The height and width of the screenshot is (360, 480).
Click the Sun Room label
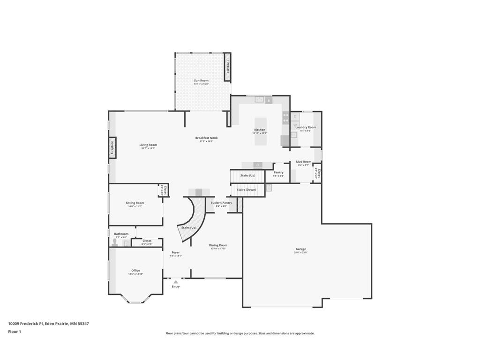point(201,81)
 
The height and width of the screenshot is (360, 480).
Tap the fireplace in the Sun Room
point(228,67)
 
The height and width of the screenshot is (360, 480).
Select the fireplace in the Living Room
point(112,148)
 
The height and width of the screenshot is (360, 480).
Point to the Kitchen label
point(260,130)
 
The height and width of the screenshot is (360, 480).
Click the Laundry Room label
point(306,127)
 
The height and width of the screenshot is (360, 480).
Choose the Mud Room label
point(303,162)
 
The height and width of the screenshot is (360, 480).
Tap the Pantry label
point(278,172)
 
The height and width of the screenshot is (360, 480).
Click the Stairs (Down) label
point(246,190)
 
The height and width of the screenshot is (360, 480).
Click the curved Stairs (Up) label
point(189,227)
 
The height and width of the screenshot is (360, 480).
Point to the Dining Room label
point(218,245)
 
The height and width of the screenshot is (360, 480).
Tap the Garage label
point(300,249)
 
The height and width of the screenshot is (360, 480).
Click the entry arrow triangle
point(176,282)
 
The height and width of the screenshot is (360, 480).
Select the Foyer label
point(176,253)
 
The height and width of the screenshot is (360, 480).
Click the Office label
point(135,270)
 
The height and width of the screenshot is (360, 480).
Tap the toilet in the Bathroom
point(115,242)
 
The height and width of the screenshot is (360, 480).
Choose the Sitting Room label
point(135,203)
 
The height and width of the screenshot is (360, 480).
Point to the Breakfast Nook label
point(206,138)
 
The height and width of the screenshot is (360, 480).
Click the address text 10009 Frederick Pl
point(25,323)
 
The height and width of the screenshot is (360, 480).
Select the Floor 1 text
point(15,332)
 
